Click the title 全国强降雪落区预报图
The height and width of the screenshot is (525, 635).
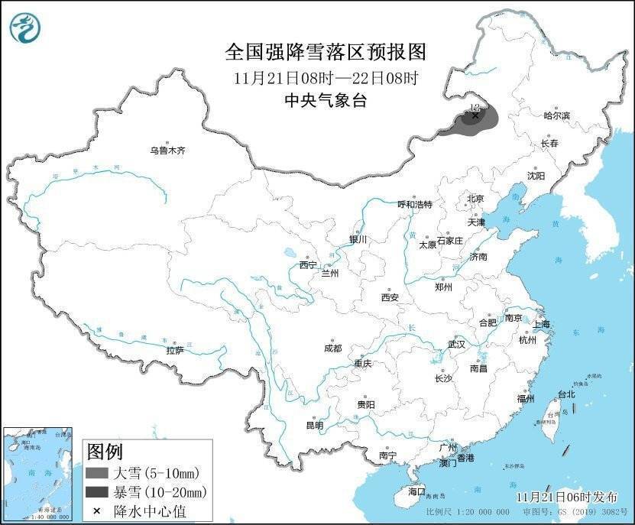(x=325, y=52)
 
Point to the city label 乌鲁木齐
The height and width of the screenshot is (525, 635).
(x=167, y=151)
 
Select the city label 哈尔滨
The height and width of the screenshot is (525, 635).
(x=556, y=115)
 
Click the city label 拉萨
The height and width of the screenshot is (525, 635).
(x=175, y=350)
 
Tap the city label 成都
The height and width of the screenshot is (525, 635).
(x=333, y=348)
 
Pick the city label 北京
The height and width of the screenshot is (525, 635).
(x=475, y=199)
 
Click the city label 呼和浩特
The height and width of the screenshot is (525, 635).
(x=415, y=205)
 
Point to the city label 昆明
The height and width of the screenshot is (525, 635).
(x=314, y=425)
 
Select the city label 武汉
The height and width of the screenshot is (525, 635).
(x=456, y=344)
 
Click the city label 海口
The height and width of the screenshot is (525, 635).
(x=416, y=490)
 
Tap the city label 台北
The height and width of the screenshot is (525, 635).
(x=565, y=394)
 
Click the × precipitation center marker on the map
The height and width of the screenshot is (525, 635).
(x=475, y=116)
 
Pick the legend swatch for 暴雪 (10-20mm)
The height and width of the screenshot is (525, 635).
(x=97, y=491)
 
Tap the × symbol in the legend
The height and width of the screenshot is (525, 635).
(x=97, y=510)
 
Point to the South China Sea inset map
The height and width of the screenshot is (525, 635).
(x=37, y=475)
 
